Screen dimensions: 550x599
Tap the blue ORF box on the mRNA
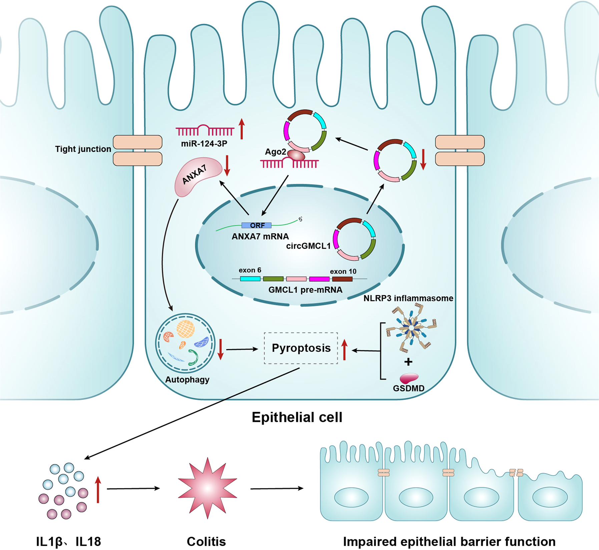tap(256, 225)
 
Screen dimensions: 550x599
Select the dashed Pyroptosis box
tap(301, 348)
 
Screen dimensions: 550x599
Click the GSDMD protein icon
tap(409, 378)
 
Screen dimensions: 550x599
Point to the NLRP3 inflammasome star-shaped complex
tap(412, 329)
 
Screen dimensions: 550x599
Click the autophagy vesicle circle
tap(185, 343)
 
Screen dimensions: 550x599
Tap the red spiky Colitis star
tap(207, 488)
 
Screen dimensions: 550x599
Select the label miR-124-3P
tap(204, 144)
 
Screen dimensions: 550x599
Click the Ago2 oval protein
tap(296, 155)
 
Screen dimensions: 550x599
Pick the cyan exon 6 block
tap(250, 279)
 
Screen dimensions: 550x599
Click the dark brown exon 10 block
tap(342, 279)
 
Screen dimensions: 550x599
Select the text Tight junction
tap(83, 149)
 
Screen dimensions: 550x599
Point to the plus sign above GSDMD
tap(408, 362)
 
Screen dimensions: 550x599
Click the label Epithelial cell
tap(297, 417)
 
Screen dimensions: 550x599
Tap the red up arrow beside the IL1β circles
tap(98, 489)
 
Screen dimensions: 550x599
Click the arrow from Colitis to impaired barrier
tap(277, 488)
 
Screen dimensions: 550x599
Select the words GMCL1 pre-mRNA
tap(305, 290)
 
